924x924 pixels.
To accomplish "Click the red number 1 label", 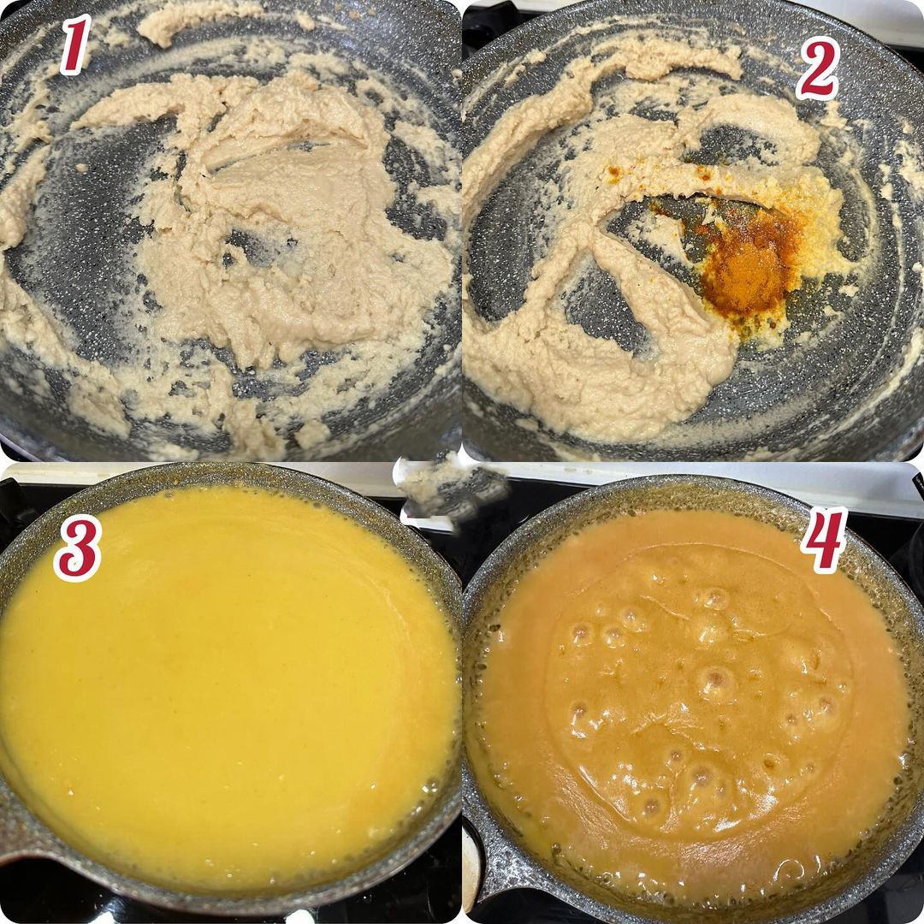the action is pyautogui.click(x=74, y=44).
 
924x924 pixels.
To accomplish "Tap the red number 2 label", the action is pyautogui.click(x=817, y=68).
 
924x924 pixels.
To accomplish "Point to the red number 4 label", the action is pyautogui.click(x=824, y=539).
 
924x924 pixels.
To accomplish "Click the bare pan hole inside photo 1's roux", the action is pyautogui.click(x=259, y=247).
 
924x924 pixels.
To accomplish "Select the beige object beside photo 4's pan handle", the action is pyautogui.click(x=471, y=866).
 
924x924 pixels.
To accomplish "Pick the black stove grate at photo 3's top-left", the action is pyautogui.click(x=15, y=500).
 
